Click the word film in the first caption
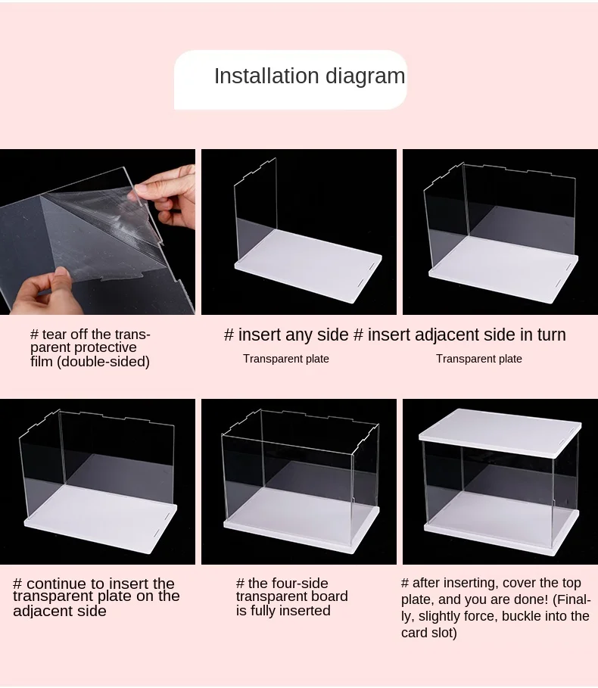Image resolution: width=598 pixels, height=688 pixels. coord(41,362)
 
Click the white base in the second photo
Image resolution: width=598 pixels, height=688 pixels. coord(308,266)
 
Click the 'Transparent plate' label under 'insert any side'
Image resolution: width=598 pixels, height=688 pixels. coord(286,359)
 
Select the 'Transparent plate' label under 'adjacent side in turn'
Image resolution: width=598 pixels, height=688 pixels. coord(479,359)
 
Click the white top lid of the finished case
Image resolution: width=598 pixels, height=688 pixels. coord(500,432)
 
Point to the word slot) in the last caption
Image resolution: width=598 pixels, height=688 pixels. coord(443,633)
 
